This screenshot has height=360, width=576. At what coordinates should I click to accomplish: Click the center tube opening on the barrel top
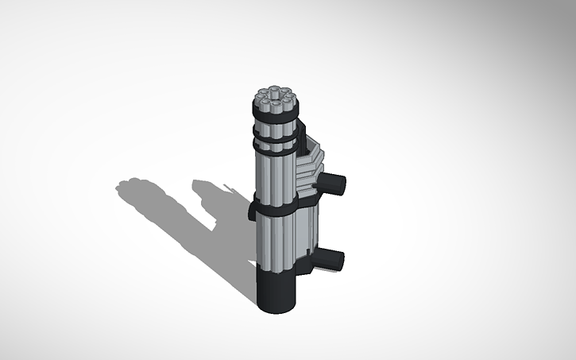[273, 101]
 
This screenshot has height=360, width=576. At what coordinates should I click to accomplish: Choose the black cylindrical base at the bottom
[277, 291]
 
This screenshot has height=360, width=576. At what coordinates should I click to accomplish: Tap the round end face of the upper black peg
[339, 184]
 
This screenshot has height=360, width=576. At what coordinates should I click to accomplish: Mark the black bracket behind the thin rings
[300, 143]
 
